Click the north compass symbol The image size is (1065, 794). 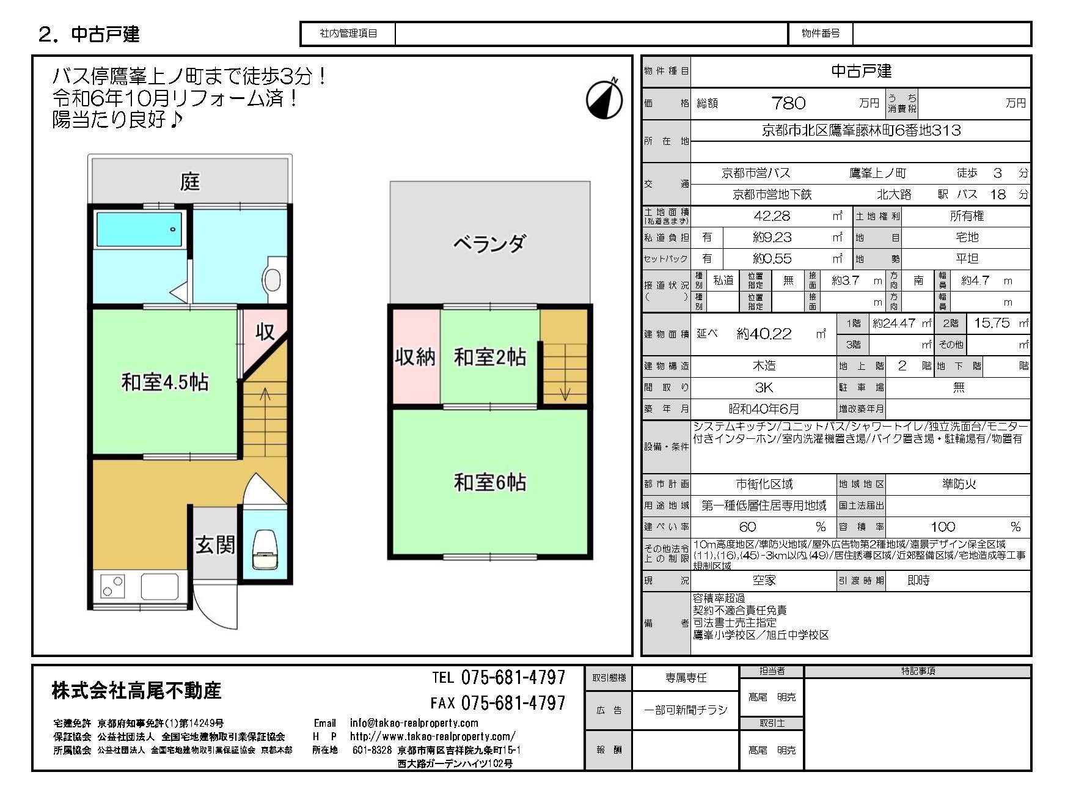[x=604, y=98]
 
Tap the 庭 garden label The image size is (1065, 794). [x=190, y=182]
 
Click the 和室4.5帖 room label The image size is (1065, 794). [x=165, y=383]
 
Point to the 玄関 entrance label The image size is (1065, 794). [x=214, y=545]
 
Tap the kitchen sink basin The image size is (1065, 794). [x=160, y=586]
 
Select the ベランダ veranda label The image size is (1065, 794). [x=489, y=244]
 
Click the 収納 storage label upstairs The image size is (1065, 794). [x=415, y=357]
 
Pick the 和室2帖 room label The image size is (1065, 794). [x=489, y=357]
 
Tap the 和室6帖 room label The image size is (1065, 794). [x=489, y=483]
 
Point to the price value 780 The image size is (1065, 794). [x=788, y=103]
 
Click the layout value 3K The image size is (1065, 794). [x=764, y=388]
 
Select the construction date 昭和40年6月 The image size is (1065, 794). [x=764, y=409]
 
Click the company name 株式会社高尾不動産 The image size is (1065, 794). [x=136, y=691]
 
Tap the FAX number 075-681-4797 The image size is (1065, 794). [x=513, y=703]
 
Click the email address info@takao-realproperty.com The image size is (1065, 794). [x=414, y=723]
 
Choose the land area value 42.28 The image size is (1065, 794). [x=772, y=216]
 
